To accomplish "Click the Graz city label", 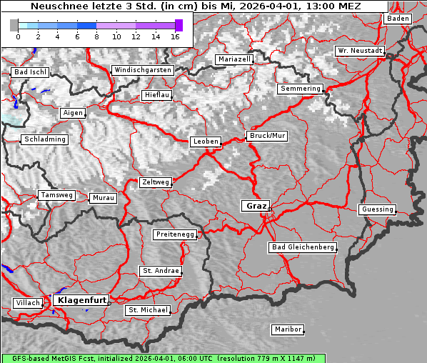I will (x=256, y=206).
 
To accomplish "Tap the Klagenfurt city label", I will (x=81, y=300).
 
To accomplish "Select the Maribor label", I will (x=288, y=329).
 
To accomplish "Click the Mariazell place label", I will (x=235, y=59).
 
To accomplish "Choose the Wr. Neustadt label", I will (x=360, y=51).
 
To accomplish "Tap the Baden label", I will (x=398, y=19).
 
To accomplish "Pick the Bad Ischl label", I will (x=30, y=72).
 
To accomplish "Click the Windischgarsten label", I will (x=142, y=70).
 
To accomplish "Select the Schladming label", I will (x=45, y=139).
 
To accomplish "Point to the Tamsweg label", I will (x=56, y=195).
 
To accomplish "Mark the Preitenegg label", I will (x=175, y=234).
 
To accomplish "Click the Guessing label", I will (x=377, y=209).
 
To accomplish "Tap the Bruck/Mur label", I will (x=266, y=136).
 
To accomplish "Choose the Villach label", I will (x=27, y=303).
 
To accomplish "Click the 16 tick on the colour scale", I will (x=175, y=36).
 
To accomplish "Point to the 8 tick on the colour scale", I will (x=96, y=36).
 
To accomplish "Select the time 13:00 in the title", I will (x=308, y=6).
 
